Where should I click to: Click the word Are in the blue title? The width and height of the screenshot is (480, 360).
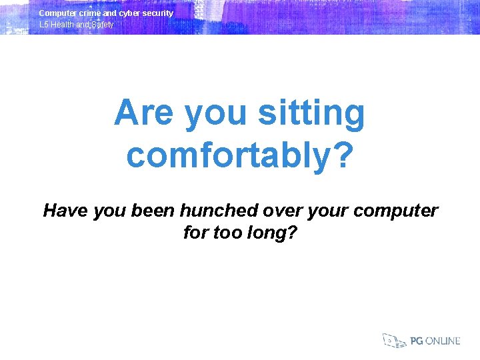point(144,113)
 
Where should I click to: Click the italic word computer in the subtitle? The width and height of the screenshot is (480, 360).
point(397,211)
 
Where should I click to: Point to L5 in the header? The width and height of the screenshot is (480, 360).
point(43,25)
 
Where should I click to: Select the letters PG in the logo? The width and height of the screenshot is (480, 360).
point(417,341)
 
